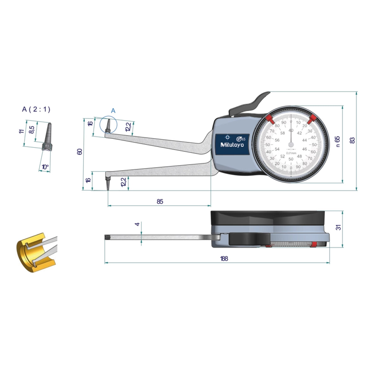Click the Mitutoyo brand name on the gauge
coord(232,145)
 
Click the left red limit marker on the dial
coord(269,119)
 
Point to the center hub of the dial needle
coord(291,144)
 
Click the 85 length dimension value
coord(160,201)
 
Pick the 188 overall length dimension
coord(224,258)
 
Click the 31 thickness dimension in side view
coord(338,227)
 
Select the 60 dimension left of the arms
coord(80,151)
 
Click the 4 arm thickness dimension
coord(137,224)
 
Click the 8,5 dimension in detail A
coord(31,129)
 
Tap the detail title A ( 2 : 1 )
coord(36,109)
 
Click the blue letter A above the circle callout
coord(113,111)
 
